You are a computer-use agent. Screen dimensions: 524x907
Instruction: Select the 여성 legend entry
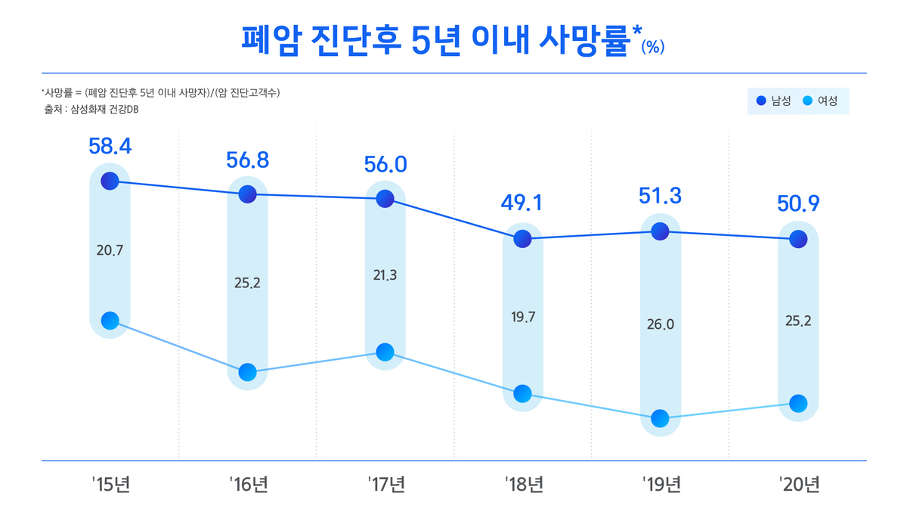click(x=819, y=101)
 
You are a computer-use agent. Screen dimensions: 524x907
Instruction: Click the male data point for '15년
click(x=110, y=181)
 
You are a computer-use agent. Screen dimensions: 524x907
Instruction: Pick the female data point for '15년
click(x=110, y=321)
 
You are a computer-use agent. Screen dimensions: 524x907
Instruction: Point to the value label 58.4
click(x=110, y=147)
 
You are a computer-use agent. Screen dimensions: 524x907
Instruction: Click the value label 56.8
click(x=248, y=160)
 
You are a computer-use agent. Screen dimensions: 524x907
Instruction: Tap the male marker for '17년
click(x=385, y=199)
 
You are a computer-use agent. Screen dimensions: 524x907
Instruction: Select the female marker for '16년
click(x=248, y=372)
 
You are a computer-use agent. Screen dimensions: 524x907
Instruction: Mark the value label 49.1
click(x=523, y=203)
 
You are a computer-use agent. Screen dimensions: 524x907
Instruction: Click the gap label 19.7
click(x=523, y=317)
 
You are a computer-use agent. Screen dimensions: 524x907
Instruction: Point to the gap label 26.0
click(x=661, y=324)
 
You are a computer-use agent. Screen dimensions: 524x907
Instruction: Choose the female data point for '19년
click(x=661, y=418)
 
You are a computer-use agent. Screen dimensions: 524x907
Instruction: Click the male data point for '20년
click(x=798, y=239)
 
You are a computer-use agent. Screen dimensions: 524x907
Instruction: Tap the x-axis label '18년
click(x=523, y=485)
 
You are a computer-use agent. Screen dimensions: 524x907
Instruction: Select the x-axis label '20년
click(x=798, y=485)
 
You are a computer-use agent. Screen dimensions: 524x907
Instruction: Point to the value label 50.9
click(x=798, y=204)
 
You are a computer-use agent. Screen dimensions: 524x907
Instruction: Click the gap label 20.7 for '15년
click(x=110, y=250)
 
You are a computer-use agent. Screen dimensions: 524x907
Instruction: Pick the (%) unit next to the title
click(x=652, y=47)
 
